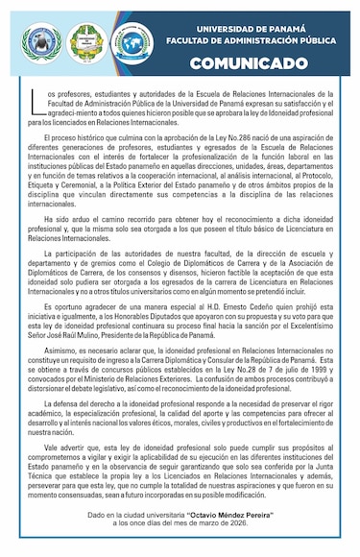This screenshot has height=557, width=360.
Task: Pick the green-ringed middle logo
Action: click(85, 42)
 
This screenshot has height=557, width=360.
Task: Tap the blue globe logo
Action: click(131, 42)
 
